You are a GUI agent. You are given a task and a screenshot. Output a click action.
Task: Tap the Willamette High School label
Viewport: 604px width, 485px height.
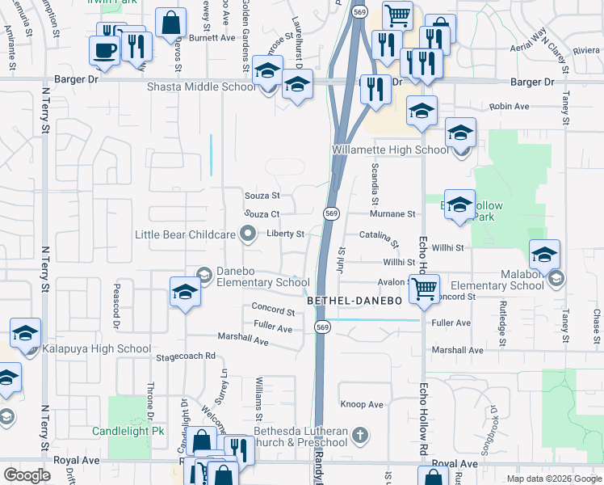point(390,150)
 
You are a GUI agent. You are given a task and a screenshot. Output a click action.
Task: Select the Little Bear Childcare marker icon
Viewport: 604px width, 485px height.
point(249,234)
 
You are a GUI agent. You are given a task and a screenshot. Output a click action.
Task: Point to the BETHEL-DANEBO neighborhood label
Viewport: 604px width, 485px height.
point(354,301)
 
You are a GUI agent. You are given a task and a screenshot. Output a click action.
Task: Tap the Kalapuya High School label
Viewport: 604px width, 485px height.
point(99,349)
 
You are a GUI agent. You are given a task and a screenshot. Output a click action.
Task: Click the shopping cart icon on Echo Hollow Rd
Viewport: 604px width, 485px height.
point(424,288)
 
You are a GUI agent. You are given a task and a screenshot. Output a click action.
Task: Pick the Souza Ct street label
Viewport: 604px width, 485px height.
point(262,214)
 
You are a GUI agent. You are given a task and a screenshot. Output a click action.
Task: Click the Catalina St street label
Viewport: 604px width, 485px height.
point(379,238)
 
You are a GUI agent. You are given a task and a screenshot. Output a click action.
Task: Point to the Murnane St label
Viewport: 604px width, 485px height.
point(392,214)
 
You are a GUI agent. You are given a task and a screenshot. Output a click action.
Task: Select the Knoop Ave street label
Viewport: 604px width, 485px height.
point(362,404)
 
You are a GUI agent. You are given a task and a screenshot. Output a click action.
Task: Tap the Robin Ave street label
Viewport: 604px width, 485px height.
point(509,106)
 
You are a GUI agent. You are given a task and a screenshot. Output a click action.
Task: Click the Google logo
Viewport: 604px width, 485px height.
point(27,475)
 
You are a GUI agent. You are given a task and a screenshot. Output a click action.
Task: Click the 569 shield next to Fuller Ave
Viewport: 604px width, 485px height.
point(323,327)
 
